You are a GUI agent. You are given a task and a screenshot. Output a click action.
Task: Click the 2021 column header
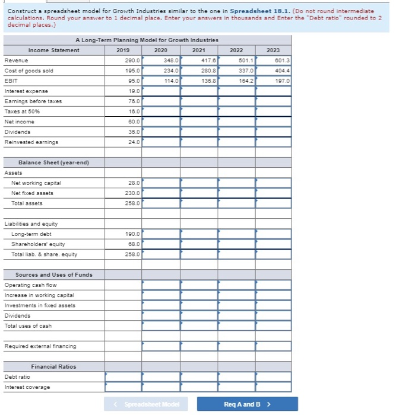tap(199, 50)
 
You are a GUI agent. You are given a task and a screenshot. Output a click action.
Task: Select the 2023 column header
tap(274, 50)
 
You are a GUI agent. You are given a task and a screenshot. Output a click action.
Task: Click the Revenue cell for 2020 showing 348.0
tap(160, 60)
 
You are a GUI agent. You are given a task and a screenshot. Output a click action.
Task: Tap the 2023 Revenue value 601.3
tap(274, 60)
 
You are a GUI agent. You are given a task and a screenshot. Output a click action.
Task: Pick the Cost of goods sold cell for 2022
tap(237, 71)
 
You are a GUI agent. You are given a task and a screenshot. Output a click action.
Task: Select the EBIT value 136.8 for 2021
tap(199, 81)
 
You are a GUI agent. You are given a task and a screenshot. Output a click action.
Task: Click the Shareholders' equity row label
tap(38, 244)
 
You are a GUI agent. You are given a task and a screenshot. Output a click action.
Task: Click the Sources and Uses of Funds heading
tap(53, 275)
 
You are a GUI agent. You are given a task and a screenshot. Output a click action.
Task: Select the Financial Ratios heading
tap(53, 367)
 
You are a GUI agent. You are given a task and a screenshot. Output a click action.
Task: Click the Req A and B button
tap(248, 404)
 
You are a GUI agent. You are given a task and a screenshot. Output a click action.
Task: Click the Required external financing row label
tap(40, 346)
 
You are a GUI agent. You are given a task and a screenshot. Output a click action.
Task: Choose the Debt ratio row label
tap(17, 377)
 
